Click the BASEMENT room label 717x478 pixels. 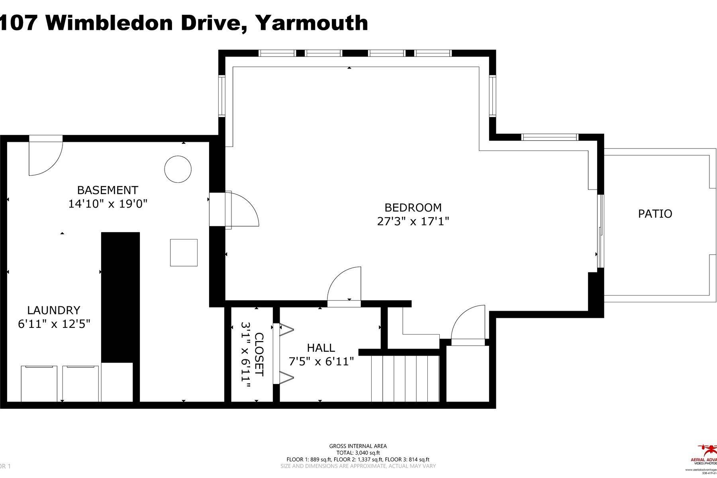click(x=108, y=190)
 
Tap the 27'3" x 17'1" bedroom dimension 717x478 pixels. click(x=413, y=221)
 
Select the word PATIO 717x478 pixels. click(x=655, y=214)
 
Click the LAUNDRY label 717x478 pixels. click(x=54, y=310)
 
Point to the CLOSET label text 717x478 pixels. click(x=259, y=354)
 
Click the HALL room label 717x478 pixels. click(x=321, y=348)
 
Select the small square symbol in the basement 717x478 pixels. click(x=184, y=253)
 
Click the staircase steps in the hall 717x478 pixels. click(x=405, y=378)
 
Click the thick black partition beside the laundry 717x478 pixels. click(x=120, y=297)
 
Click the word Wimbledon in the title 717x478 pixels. click(x=111, y=23)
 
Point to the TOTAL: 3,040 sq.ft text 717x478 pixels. click(x=358, y=453)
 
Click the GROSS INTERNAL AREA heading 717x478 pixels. click(x=358, y=446)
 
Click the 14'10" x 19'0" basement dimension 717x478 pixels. click(x=108, y=204)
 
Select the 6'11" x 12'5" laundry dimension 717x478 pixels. click(x=54, y=324)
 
